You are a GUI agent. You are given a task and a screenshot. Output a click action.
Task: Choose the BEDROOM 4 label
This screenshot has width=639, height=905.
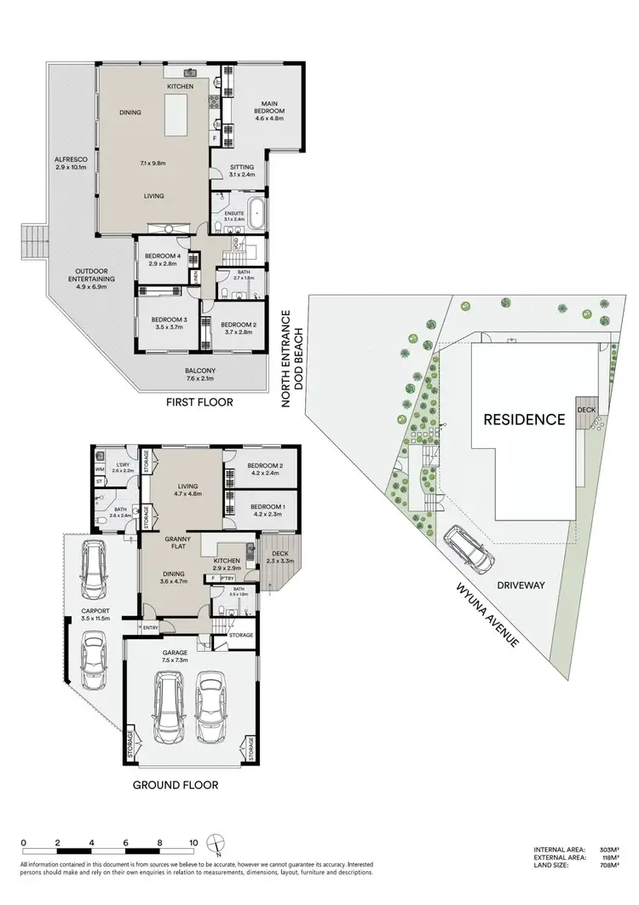161,260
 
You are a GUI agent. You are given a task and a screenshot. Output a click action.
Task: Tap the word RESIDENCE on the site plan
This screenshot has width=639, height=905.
524,419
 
